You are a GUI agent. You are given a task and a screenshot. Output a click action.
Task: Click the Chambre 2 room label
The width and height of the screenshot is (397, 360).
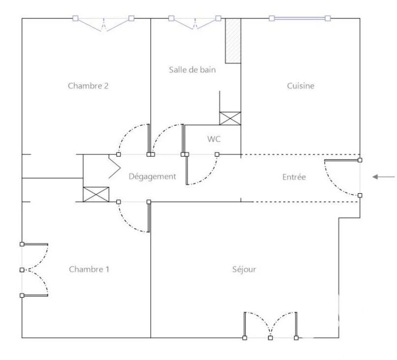pyautogui.click(x=88, y=86)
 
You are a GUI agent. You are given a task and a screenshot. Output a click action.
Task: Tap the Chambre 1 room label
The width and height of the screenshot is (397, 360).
pyautogui.click(x=89, y=269)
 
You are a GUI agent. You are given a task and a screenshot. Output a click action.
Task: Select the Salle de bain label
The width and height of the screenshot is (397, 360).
pyautogui.click(x=192, y=70)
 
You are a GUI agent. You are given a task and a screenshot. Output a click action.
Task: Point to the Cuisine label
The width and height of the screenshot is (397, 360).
pyautogui.click(x=301, y=86)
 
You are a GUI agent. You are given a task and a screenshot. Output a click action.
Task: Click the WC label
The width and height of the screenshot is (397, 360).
pyautogui.click(x=214, y=139)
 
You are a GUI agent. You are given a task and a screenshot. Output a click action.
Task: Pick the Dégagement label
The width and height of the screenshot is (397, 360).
pyautogui.click(x=152, y=177)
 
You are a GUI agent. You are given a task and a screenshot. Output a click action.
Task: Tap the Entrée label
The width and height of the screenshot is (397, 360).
pyautogui.click(x=294, y=177)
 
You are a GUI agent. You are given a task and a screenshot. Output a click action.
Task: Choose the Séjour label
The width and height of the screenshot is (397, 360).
pyautogui.click(x=244, y=270)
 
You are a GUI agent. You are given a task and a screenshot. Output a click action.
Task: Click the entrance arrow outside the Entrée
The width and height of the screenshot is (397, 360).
pyautogui.click(x=384, y=177)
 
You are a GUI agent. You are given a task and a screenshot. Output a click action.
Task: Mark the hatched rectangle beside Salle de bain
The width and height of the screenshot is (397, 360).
pyautogui.click(x=233, y=41)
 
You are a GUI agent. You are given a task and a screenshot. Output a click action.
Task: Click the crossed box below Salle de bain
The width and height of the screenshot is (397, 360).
pyautogui.click(x=230, y=118)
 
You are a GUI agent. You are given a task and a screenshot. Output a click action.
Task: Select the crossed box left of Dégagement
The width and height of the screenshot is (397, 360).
pyautogui.click(x=96, y=194)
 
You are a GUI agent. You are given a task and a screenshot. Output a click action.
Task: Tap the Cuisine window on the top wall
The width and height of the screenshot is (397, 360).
pyautogui.click(x=300, y=18)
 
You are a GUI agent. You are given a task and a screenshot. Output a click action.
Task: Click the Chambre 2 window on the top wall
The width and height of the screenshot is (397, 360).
pyautogui.click(x=103, y=23)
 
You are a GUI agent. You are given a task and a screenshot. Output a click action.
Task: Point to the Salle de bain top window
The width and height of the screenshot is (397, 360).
pyautogui.click(x=195, y=22)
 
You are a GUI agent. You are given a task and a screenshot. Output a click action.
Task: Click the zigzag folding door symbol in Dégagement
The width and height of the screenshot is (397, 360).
pyautogui.click(x=114, y=166)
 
